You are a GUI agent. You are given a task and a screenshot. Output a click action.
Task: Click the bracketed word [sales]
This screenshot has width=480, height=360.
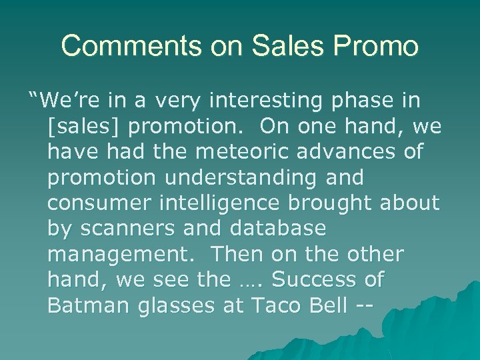click(x=85, y=127)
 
